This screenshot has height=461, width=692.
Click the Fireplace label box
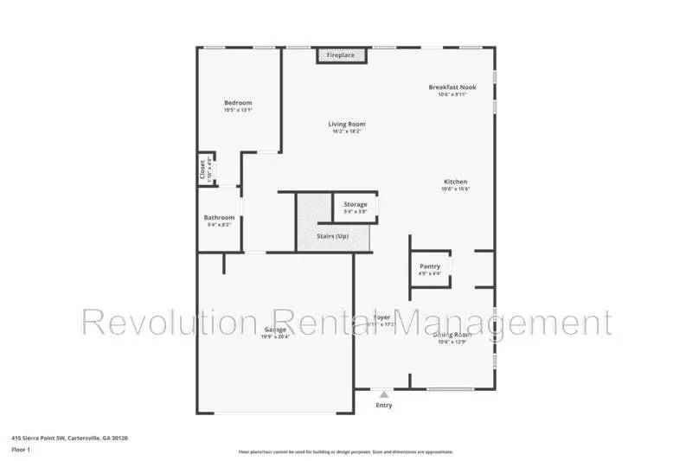point(340,55)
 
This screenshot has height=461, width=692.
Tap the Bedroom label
point(237,102)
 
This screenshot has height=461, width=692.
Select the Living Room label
point(347,124)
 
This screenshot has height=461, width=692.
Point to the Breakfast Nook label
point(452,87)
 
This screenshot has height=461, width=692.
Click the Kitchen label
point(455,182)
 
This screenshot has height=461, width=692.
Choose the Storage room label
point(356,204)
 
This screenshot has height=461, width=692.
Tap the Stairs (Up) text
point(332,235)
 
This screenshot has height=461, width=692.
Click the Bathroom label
point(219,217)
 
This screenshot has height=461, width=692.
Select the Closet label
point(203,167)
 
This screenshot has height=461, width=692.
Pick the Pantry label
point(430,266)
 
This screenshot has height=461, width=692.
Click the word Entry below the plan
point(384,405)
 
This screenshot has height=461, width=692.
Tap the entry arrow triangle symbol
point(384,394)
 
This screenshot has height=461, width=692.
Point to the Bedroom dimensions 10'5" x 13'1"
point(237,110)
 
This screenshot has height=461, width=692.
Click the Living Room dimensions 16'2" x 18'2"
point(347,131)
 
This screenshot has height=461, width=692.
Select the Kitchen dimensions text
point(455,189)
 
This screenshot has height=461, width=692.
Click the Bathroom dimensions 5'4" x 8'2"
point(219,225)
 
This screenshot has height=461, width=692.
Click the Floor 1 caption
point(21,450)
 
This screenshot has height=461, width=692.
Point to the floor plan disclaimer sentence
point(345,451)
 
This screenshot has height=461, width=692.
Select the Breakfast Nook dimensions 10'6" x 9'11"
point(452,95)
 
